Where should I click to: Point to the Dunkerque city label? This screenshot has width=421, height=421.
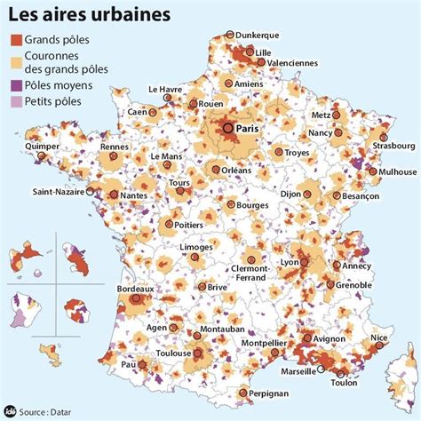[260, 35]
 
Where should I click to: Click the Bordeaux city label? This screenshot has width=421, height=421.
[135, 289]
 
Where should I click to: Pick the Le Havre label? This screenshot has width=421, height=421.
[165, 89]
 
